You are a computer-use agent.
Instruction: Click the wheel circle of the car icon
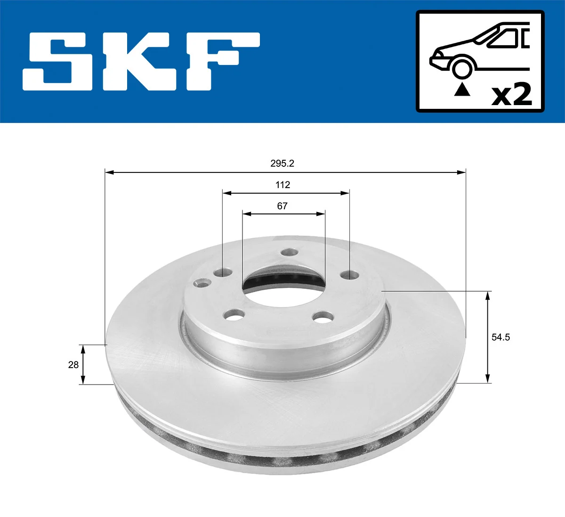pyautogui.click(x=462, y=67)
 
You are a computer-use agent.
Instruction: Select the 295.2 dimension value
pyautogui.click(x=282, y=164)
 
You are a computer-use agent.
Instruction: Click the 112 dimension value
pyautogui.click(x=282, y=185)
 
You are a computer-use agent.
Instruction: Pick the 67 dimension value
pyautogui.click(x=282, y=206)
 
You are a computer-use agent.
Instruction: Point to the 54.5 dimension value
pyautogui.click(x=500, y=337)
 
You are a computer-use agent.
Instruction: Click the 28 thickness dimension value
pyautogui.click(x=73, y=365)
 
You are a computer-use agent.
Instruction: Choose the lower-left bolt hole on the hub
pyautogui.click(x=234, y=314)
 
